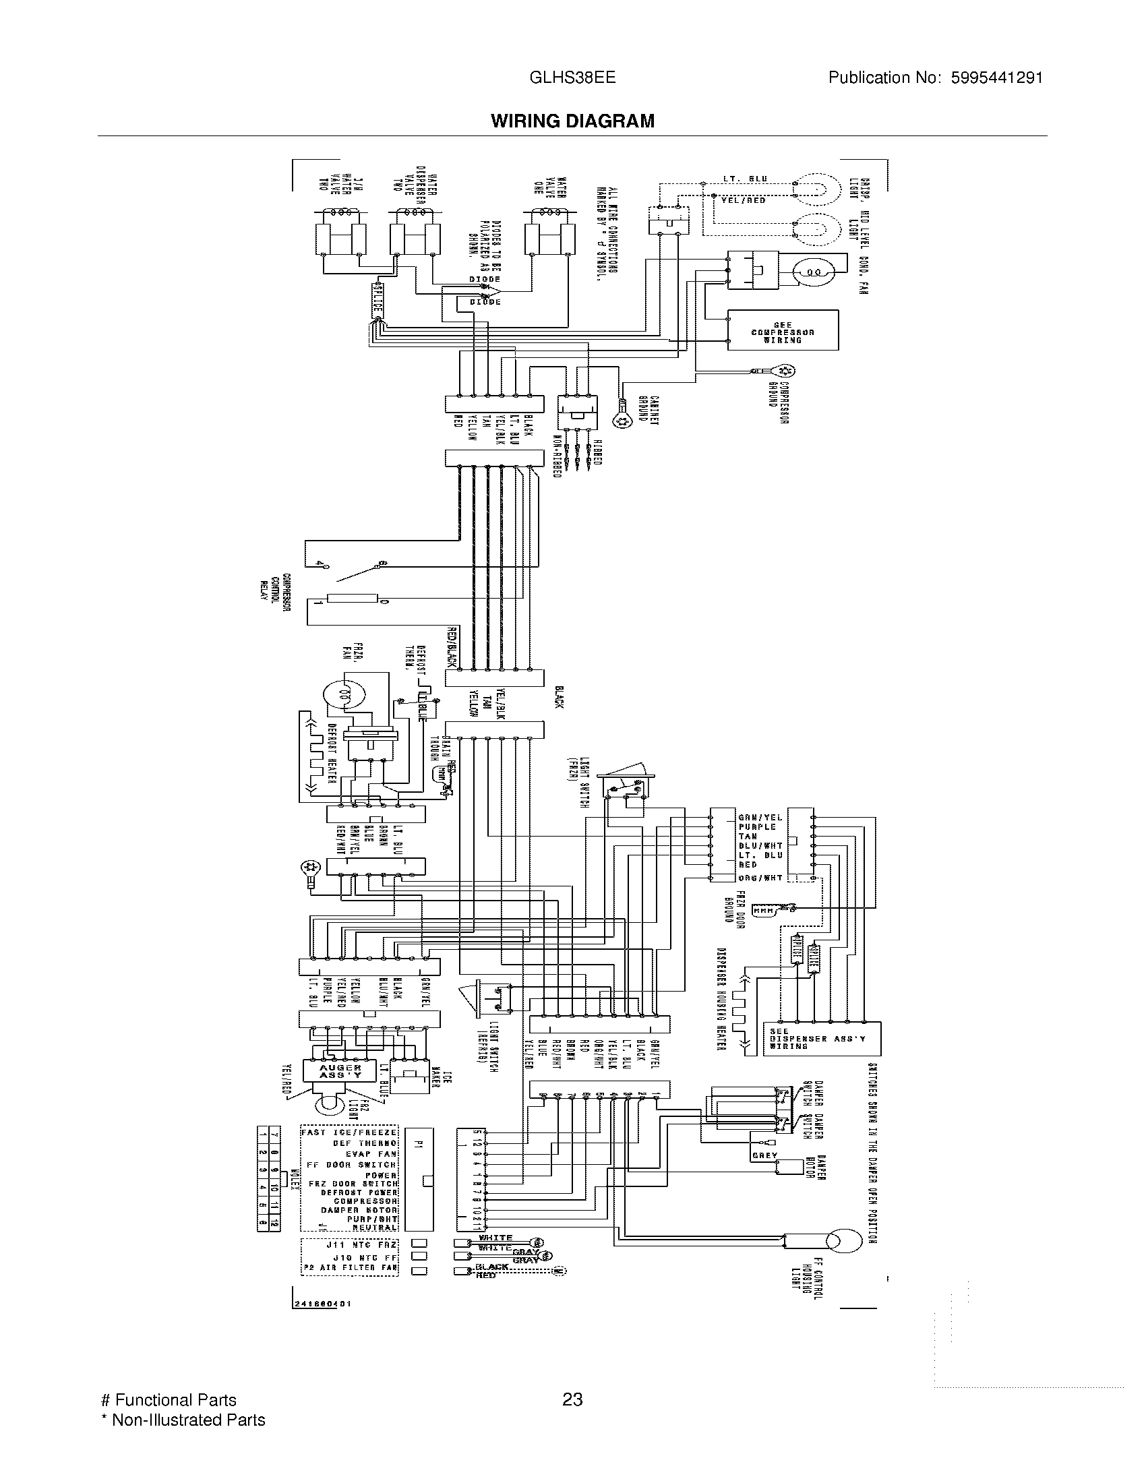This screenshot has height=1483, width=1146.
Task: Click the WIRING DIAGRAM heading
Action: (572, 121)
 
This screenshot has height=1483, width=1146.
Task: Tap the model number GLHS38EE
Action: (572, 78)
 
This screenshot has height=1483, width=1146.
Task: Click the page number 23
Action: (572, 1399)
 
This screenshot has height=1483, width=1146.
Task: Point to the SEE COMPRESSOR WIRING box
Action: (782, 331)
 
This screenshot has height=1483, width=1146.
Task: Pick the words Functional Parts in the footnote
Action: (175, 1400)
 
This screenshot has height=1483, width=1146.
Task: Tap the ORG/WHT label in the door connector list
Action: (760, 878)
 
